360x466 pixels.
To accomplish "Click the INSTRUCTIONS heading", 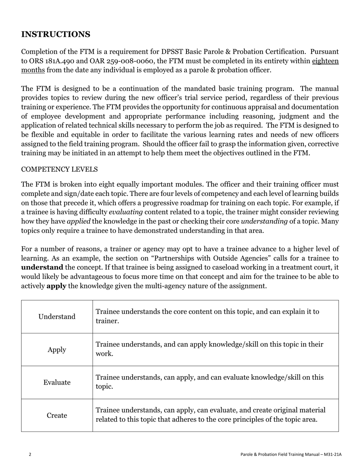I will [56, 34].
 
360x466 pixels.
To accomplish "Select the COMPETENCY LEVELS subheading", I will [59, 169].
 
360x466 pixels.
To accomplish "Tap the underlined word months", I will [33, 70].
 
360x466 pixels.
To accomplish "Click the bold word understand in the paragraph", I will [42, 267].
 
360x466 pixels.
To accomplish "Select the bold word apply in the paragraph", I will [56, 286].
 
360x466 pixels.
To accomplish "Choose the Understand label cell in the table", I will [57, 317].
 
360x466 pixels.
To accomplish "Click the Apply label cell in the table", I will [57, 350].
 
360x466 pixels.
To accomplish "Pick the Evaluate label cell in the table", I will [57, 383].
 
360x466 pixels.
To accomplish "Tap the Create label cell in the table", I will [57, 416].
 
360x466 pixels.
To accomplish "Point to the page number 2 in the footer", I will [30, 454].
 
